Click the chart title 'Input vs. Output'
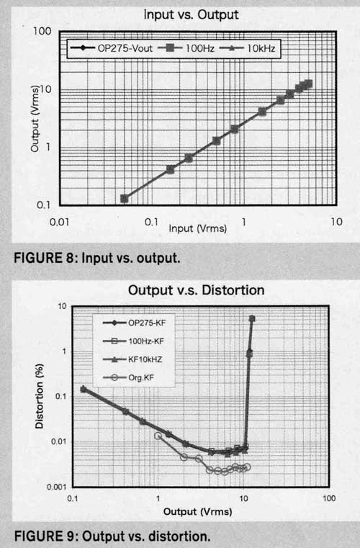[x=191, y=14]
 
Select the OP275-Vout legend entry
[x=112, y=48]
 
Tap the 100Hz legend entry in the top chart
[x=186, y=48]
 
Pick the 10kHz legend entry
[x=247, y=48]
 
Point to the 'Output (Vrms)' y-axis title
[x=35, y=119]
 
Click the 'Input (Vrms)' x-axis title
[x=198, y=228]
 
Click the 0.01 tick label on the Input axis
[x=60, y=222]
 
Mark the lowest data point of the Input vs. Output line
[x=124, y=199]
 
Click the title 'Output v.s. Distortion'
[x=196, y=290]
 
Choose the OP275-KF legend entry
[x=134, y=323]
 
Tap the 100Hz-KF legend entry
[x=133, y=341]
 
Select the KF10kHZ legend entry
[x=132, y=359]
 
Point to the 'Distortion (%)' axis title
[x=40, y=396]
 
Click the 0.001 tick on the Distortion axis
[x=56, y=487]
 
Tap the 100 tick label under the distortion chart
[x=329, y=498]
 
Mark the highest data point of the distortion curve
[x=252, y=318]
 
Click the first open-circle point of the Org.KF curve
[x=158, y=436]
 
